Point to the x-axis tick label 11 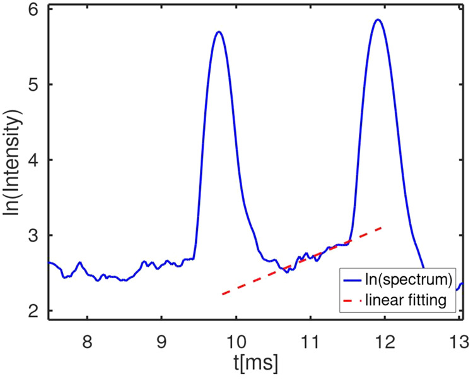(310, 341)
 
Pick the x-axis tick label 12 (384, 341)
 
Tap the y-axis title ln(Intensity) (14, 161)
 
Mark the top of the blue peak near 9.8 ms (219, 32)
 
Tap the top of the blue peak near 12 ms (378, 20)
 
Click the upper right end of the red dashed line (382, 227)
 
